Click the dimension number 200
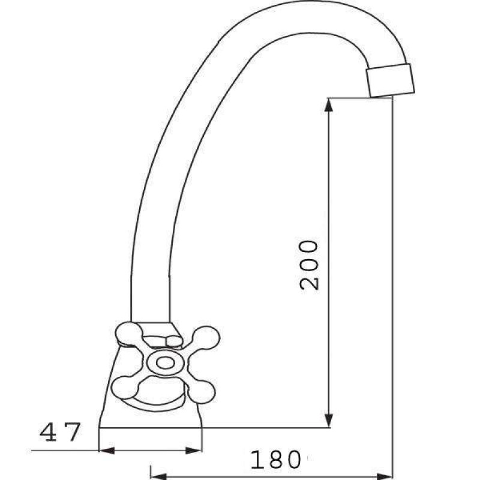click(309, 265)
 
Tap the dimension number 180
click(275, 460)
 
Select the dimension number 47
click(61, 432)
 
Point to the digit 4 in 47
click(49, 432)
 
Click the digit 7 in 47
click(73, 432)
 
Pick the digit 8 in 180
click(275, 460)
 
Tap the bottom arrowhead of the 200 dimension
click(328, 419)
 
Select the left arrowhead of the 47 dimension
click(107, 451)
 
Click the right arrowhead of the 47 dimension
click(194, 451)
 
